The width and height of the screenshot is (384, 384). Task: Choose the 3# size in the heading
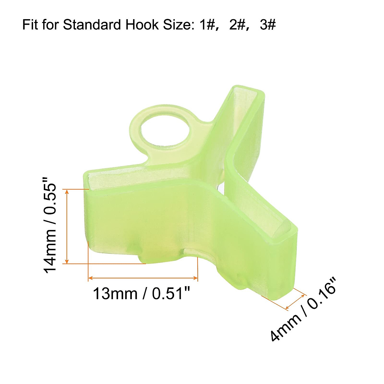(268, 25)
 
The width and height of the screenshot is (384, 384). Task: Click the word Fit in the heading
(30, 25)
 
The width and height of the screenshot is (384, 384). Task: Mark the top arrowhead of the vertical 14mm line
(67, 192)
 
